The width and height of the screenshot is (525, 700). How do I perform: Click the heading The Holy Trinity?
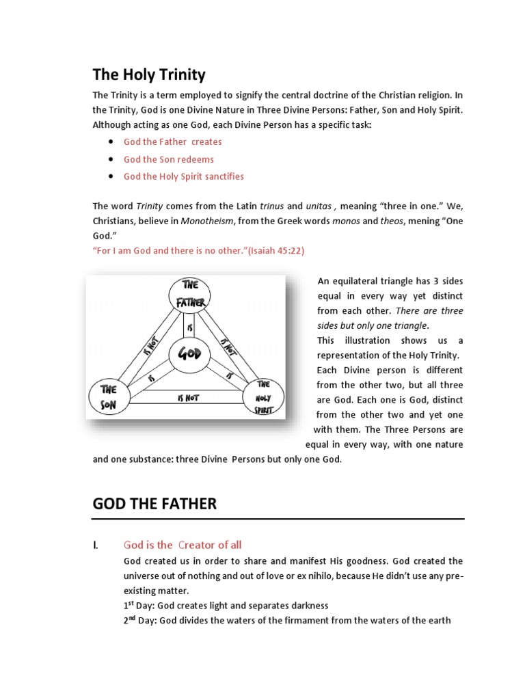(149, 74)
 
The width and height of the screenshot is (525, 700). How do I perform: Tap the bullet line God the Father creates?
(172, 142)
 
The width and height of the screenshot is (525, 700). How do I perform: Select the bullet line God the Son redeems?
(168, 159)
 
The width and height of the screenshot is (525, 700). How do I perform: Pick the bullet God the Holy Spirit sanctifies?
(183, 176)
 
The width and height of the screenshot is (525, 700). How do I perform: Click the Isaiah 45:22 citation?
(278, 251)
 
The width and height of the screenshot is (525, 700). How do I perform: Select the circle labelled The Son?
(108, 396)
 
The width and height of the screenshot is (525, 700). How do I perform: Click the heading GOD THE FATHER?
(154, 504)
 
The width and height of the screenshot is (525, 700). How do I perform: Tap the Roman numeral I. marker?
(96, 545)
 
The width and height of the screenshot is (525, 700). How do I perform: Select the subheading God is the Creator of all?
(183, 545)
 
